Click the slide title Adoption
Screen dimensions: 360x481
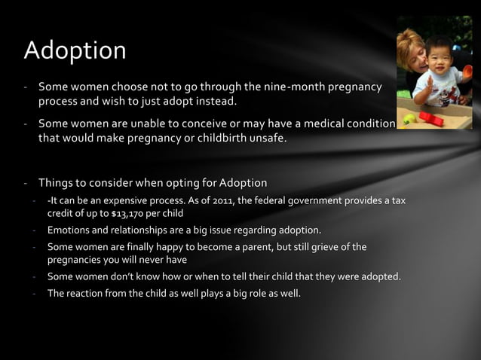[75, 50]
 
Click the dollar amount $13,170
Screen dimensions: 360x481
[129, 213]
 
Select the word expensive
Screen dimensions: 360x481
[124, 200]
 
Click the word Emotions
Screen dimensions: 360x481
[68, 230]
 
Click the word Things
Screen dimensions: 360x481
[57, 182]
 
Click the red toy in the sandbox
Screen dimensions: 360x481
[430, 119]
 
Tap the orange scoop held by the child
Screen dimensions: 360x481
[467, 72]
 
